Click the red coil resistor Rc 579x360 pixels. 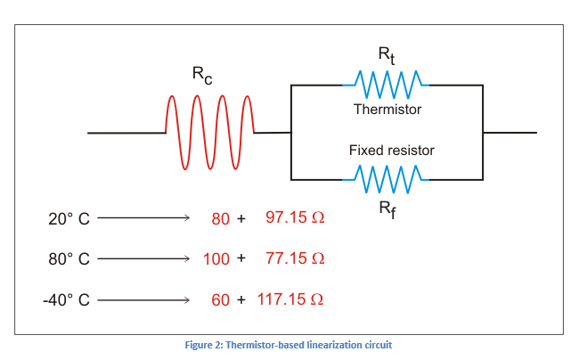tap(210, 133)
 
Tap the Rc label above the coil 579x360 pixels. tap(202, 77)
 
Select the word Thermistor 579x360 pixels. tap(387, 110)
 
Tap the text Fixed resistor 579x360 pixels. tap(391, 151)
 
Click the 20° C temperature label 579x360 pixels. tap(69, 218)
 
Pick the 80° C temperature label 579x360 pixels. tap(69, 259)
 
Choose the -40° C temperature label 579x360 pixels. tap(66, 300)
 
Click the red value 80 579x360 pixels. tap(220, 218)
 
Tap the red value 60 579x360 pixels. tap(220, 300)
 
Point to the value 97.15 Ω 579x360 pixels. tap(295, 217)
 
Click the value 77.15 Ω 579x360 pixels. tap(295, 258)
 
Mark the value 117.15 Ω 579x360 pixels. tap(290, 299)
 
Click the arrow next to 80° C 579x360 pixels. tap(143, 259)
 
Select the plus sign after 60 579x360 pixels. tap(241, 300)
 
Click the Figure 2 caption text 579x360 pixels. tap(289, 345)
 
